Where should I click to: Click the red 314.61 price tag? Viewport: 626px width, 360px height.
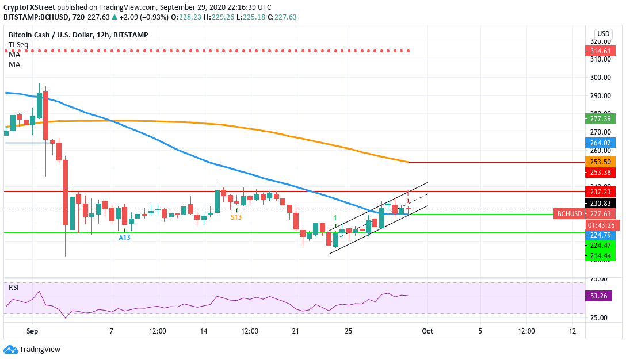pos(600,51)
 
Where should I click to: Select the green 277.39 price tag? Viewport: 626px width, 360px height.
pos(600,119)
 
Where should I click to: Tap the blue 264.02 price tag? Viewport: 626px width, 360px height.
pos(600,143)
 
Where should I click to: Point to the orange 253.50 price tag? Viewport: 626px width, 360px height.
pos(600,162)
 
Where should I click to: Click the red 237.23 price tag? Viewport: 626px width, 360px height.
pos(600,192)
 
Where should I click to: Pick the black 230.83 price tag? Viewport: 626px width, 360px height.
pos(600,202)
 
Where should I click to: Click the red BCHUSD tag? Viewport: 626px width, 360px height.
pos(569,213)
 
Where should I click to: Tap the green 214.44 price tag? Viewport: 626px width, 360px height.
pos(600,255)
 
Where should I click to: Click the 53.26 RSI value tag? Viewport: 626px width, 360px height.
pos(600,296)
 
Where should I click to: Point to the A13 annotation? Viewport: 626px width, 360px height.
pos(125,237)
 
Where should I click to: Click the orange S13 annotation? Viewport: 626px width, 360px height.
pos(236,217)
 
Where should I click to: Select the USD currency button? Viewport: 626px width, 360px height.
pos(604,34)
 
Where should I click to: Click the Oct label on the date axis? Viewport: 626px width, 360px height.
pos(426,331)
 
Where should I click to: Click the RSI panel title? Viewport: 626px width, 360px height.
pos(14,287)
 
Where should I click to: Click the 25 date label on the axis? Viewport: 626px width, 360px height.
pos(348,331)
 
